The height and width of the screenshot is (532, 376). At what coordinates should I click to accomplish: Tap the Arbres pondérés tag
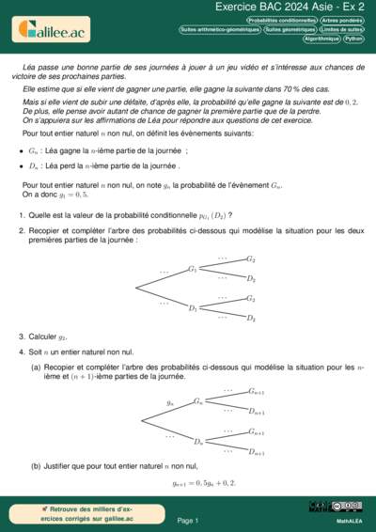click(x=342, y=20)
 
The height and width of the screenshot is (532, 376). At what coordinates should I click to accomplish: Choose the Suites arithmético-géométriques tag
click(x=220, y=30)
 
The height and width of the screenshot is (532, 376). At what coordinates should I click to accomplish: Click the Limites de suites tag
click(x=342, y=30)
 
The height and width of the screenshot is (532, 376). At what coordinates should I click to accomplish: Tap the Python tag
click(x=354, y=39)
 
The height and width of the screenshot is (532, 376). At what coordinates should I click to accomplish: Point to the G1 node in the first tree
click(x=192, y=269)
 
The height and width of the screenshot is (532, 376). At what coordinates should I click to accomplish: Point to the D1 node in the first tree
click(x=192, y=308)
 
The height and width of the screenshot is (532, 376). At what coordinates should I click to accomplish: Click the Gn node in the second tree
click(x=198, y=401)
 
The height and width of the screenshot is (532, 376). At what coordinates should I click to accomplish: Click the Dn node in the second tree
click(x=198, y=441)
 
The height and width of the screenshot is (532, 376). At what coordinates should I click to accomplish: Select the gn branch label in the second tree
click(x=170, y=402)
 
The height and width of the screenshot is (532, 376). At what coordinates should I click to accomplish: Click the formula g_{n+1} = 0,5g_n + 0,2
click(x=205, y=483)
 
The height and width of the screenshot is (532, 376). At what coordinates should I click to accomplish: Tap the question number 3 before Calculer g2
click(x=21, y=336)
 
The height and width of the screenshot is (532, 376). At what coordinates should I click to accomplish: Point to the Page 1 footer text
click(x=188, y=520)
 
